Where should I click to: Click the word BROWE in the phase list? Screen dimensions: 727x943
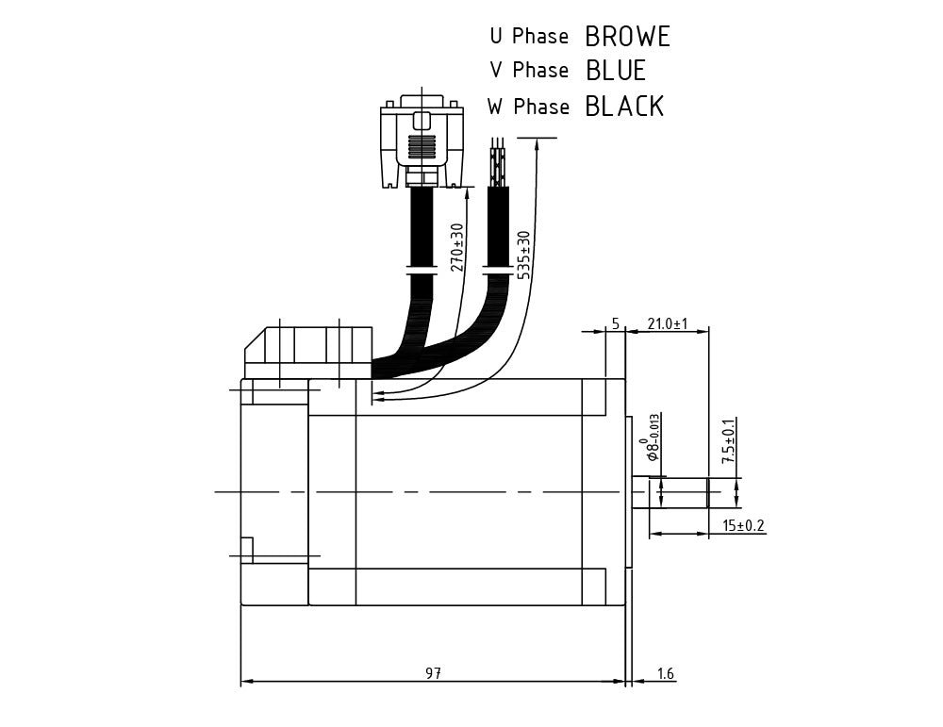pyautogui.click(x=627, y=37)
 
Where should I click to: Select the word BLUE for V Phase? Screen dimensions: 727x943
pyautogui.click(x=616, y=71)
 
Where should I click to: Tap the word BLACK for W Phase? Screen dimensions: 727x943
pyautogui.click(x=624, y=107)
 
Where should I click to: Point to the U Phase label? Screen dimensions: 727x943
pyautogui.click(x=529, y=37)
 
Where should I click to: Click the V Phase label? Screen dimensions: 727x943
pyautogui.click(x=529, y=71)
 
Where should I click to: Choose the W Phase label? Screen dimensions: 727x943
pyautogui.click(x=529, y=107)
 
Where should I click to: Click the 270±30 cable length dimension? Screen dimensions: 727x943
pyautogui.click(x=457, y=247)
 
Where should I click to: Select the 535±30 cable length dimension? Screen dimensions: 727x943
pyautogui.click(x=524, y=255)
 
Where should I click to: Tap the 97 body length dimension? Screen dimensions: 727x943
pyautogui.click(x=433, y=673)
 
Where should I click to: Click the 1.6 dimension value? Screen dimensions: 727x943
pyautogui.click(x=665, y=673)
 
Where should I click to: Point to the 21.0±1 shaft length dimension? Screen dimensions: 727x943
pyautogui.click(x=667, y=323)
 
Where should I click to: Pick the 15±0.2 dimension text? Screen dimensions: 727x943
pyautogui.click(x=743, y=525)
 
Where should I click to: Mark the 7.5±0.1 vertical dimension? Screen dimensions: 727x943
pyautogui.click(x=729, y=441)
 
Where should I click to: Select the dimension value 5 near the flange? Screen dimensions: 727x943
pyautogui.click(x=615, y=323)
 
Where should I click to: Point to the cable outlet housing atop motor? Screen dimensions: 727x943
pyautogui.click(x=306, y=352)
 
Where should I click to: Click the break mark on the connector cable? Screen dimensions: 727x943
pyautogui.click(x=421, y=272)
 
